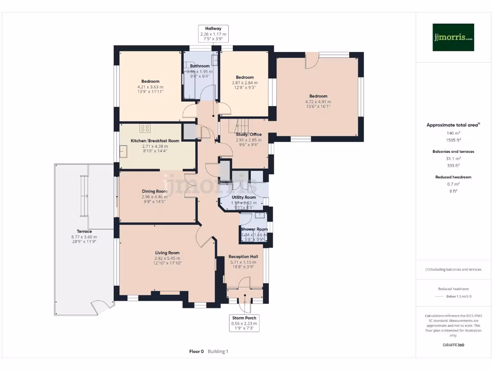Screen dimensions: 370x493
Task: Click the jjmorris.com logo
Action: (x=453, y=38)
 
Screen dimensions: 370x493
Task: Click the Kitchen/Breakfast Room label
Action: (x=155, y=141)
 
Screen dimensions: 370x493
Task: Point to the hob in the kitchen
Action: (x=144, y=128)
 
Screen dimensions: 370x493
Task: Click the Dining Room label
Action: (x=155, y=191)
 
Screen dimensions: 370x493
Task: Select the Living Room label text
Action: (x=167, y=252)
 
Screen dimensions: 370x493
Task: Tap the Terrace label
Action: (x=84, y=231)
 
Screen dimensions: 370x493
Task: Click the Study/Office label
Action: (x=248, y=134)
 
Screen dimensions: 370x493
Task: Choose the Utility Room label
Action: (x=244, y=198)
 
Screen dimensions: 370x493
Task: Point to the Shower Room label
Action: (x=254, y=229)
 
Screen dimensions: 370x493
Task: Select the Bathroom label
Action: (x=200, y=66)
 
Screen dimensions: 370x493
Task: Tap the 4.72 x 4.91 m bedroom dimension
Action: (x=318, y=102)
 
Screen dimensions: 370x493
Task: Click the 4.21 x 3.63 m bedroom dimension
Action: (x=150, y=87)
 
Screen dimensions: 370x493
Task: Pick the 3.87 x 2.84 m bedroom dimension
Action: (x=245, y=82)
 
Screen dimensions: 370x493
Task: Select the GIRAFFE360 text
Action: (x=453, y=345)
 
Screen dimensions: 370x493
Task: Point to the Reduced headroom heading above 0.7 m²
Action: (x=453, y=177)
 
